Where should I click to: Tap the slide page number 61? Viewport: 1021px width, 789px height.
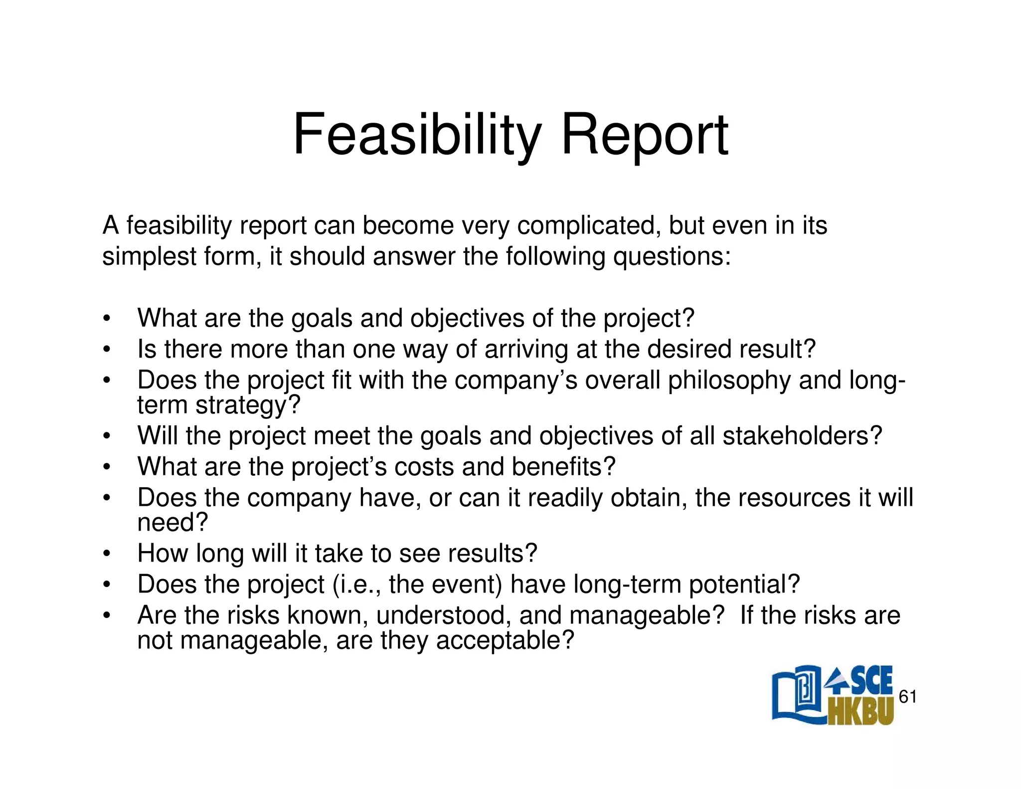(907, 697)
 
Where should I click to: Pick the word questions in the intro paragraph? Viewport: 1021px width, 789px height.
(672, 256)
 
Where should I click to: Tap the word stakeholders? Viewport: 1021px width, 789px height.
(802, 435)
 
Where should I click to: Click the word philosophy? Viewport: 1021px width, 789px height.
(729, 380)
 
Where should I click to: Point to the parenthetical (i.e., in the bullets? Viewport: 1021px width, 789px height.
(357, 584)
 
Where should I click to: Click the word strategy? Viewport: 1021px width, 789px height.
(248, 405)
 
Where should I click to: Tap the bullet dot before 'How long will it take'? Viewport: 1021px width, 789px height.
(106, 554)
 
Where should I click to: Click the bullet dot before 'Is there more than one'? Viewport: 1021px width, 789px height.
(106, 349)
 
